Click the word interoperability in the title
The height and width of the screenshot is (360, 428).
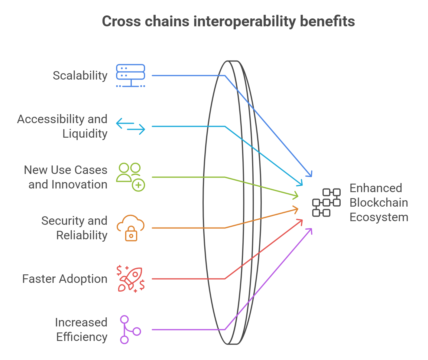[x=245, y=21]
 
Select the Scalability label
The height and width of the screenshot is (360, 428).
[x=80, y=76]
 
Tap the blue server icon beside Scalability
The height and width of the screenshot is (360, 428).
[x=131, y=76]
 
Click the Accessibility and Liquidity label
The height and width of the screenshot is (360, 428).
[x=62, y=126]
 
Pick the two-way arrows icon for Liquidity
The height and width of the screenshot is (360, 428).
[x=131, y=126]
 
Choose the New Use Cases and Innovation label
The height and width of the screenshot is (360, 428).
[x=66, y=177]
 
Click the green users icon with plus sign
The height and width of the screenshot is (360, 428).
[x=131, y=177]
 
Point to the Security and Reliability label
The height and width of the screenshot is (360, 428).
[x=74, y=228]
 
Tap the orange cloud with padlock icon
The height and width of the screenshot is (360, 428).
[x=131, y=228]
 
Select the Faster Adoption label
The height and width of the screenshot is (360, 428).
[x=65, y=279]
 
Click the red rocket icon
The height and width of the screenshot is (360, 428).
[x=131, y=279]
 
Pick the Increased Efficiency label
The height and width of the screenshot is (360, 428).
[x=81, y=330]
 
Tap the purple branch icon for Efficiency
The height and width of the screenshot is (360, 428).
[x=130, y=330]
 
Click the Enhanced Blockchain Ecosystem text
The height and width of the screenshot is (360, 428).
[x=379, y=203]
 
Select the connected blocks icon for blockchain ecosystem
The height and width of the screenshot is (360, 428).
[x=326, y=203]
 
